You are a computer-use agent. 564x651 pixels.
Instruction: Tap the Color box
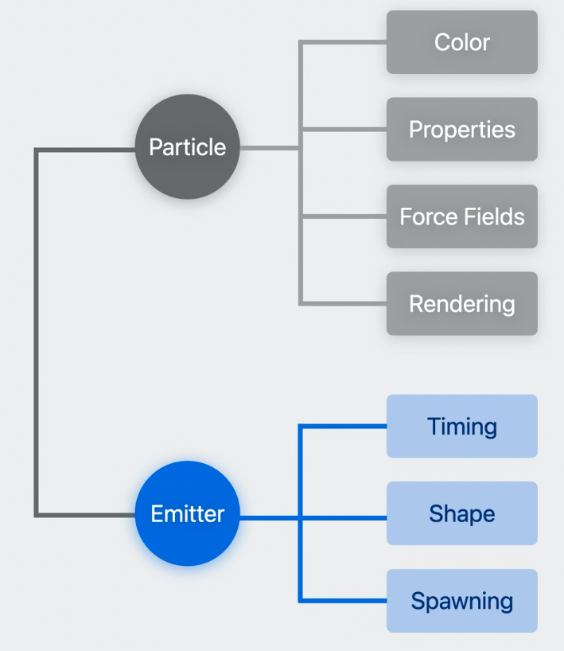coord(461,42)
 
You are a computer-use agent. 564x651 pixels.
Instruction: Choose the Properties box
coord(461,129)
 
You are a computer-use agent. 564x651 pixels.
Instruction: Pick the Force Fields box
coord(461,216)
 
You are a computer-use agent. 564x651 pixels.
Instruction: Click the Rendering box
coord(461,303)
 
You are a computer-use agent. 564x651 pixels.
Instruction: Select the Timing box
coord(461,427)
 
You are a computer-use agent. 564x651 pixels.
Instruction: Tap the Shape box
coord(461,513)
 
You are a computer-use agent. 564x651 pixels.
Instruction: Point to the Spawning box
coord(461,601)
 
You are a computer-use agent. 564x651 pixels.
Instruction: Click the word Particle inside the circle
coord(188,147)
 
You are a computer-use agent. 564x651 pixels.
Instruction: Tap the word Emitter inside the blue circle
coord(188,514)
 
